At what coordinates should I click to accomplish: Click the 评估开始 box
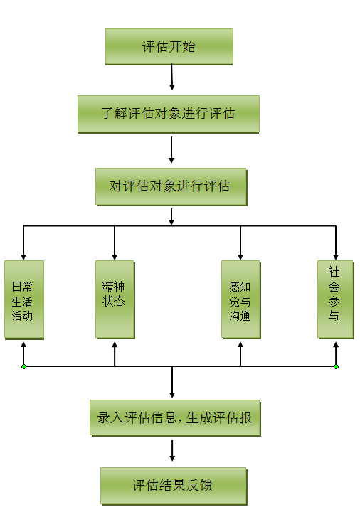[x=169, y=46]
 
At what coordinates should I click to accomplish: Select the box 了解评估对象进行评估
[x=169, y=114]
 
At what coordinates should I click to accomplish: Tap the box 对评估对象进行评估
[x=171, y=186]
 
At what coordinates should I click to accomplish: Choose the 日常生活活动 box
[x=24, y=299]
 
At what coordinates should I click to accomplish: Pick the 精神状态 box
[x=115, y=299]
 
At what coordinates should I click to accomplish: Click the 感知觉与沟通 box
[x=240, y=299]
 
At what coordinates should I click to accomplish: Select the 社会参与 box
[x=335, y=299]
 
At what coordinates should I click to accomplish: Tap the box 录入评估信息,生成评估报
[x=175, y=417]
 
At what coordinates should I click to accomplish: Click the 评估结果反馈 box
[x=174, y=486]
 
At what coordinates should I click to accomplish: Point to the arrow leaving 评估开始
[x=171, y=77]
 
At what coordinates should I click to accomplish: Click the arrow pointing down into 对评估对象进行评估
[x=171, y=149]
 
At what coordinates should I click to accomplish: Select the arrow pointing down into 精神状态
[x=115, y=243]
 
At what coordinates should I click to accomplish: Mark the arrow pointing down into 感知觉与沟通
[x=240, y=243]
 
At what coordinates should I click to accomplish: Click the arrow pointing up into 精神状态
[x=115, y=353]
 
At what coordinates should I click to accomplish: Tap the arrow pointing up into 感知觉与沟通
[x=240, y=353]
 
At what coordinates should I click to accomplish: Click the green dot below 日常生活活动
[x=23, y=366]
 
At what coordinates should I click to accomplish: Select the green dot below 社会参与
[x=336, y=366]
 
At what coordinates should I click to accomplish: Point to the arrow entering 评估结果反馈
[x=172, y=450]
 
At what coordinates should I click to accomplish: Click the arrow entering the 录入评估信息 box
[x=172, y=382]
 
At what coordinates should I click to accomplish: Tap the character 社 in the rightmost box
[x=334, y=272]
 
